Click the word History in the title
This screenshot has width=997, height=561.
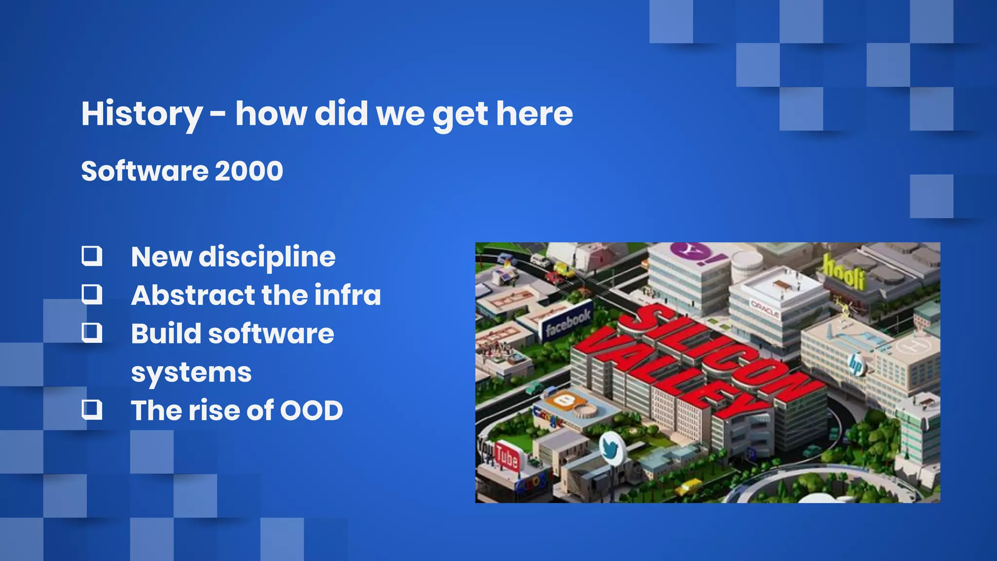coord(141,114)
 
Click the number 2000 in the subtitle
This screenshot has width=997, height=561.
coord(249,171)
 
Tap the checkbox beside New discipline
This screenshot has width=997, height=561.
coord(92,256)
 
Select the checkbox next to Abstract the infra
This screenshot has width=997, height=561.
coord(92,294)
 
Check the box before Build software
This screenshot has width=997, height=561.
coord(92,333)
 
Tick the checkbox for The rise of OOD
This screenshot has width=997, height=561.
coord(92,410)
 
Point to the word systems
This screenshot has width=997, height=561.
coord(191,373)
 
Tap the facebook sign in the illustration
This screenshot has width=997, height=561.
coord(568,322)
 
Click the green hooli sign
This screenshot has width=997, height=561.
coord(844,273)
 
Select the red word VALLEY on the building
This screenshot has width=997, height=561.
coord(667,373)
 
